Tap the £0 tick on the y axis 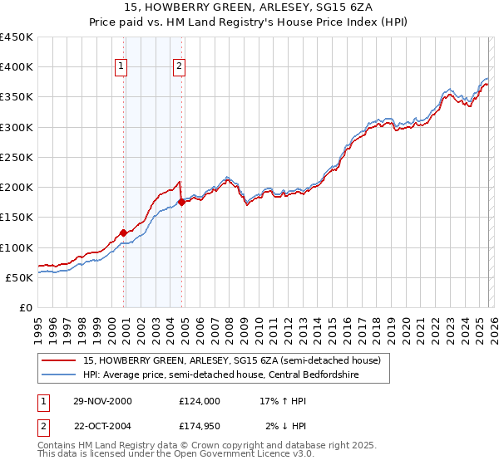click(x=27, y=307)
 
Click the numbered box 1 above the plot click(x=121, y=67)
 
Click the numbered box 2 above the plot click(x=180, y=67)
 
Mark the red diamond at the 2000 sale click(x=124, y=232)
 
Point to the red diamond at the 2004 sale click(x=181, y=202)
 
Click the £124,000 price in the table click(x=199, y=400)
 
